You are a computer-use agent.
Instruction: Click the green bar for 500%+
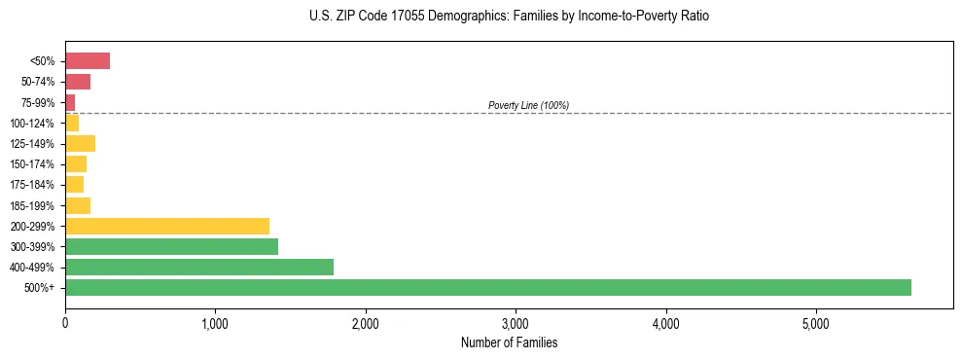click(487, 288)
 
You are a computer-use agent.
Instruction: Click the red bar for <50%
click(88, 61)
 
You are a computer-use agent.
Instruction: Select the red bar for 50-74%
click(78, 82)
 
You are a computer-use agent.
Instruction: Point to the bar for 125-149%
click(80, 144)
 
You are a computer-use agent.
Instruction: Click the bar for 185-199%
click(78, 205)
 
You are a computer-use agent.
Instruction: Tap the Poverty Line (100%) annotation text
click(528, 105)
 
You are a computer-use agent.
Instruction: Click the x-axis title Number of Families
click(509, 342)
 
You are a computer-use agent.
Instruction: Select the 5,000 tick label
click(816, 322)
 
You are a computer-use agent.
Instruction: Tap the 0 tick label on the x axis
click(65, 322)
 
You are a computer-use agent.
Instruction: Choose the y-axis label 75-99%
click(37, 102)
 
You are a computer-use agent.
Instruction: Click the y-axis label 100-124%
click(33, 124)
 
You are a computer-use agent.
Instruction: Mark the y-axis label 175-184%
click(33, 185)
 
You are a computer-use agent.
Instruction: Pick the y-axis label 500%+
click(40, 288)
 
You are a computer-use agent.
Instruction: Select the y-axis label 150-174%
click(33, 164)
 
